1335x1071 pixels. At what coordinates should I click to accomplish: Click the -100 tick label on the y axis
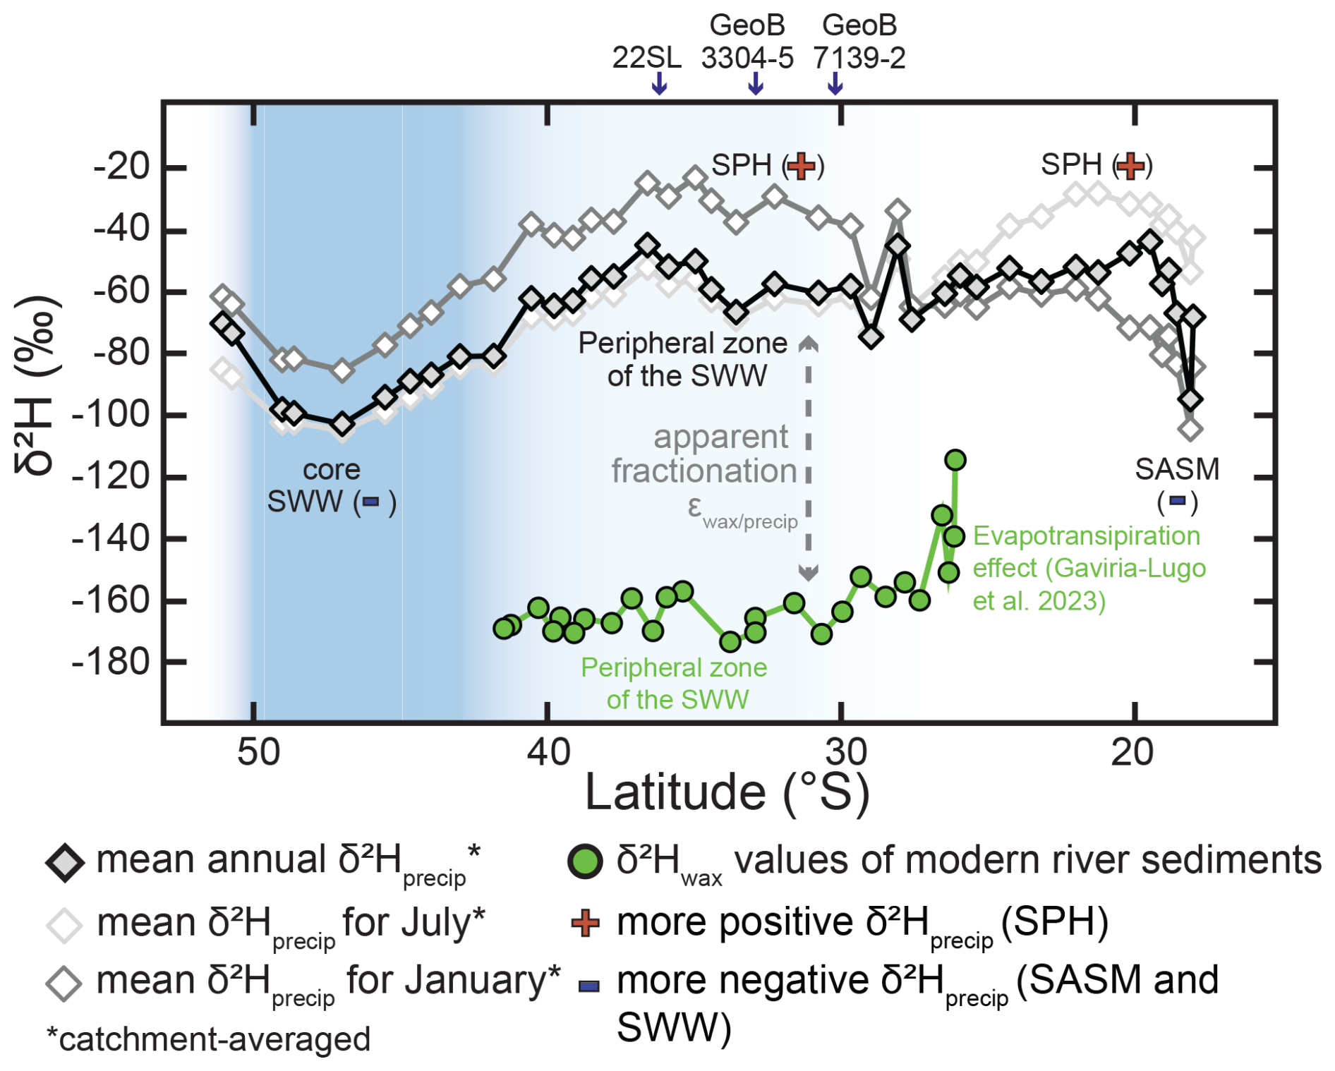point(111,414)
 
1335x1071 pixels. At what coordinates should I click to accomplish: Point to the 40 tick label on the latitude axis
point(548,752)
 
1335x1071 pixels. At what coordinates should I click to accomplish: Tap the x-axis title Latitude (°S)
point(727,792)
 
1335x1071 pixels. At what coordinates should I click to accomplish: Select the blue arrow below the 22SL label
point(658,83)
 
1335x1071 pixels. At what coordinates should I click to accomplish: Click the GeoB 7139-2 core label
point(859,42)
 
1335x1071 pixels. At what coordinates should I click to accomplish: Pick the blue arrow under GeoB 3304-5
point(755,83)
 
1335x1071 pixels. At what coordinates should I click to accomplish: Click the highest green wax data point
point(955,460)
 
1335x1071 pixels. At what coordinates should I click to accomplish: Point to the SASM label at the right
point(1177,469)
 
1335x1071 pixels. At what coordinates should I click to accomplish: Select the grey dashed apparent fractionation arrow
point(808,459)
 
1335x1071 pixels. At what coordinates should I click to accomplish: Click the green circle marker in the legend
point(585,861)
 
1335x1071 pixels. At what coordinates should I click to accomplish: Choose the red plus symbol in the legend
point(586,923)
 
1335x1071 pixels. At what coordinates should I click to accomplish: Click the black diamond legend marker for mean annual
point(65,861)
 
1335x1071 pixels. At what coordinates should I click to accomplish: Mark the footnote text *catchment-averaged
point(209,1039)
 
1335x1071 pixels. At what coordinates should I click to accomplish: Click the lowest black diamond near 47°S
point(342,424)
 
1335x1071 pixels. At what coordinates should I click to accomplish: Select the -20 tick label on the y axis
point(121,167)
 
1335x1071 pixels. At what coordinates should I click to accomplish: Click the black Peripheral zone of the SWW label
point(683,359)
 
